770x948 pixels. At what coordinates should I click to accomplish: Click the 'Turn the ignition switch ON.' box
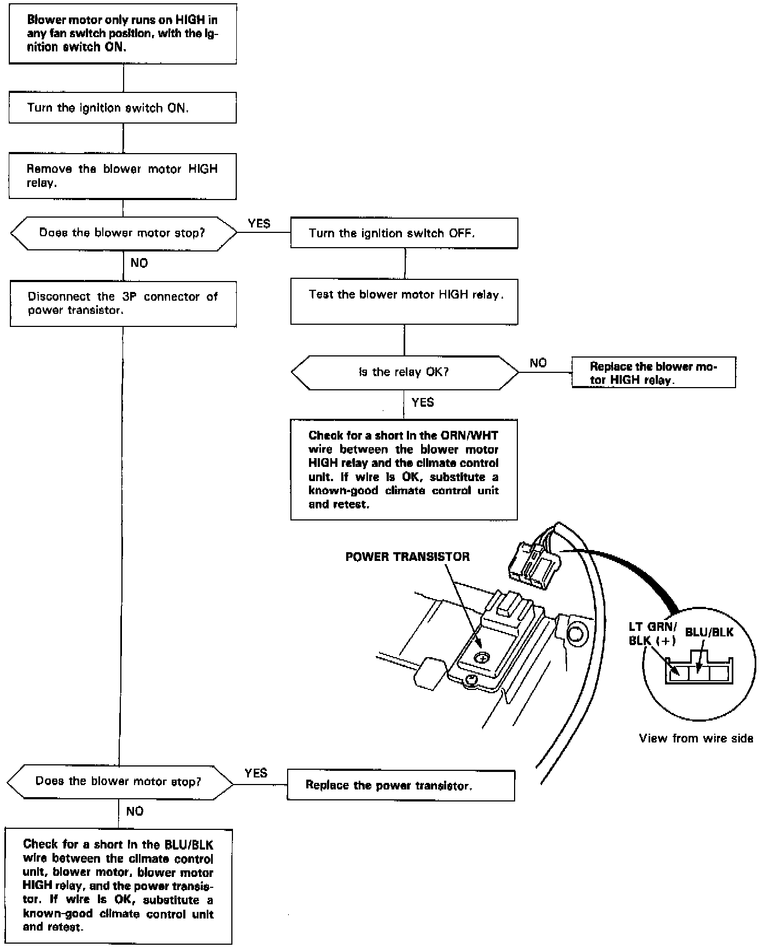point(122,108)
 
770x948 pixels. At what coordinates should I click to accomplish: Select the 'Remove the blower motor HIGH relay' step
point(122,176)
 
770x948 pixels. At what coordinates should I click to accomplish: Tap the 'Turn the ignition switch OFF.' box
point(404,233)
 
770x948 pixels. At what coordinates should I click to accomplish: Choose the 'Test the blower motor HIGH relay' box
point(404,301)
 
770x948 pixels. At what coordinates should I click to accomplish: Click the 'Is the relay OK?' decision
point(404,372)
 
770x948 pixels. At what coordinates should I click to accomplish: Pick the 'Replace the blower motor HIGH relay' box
point(654,373)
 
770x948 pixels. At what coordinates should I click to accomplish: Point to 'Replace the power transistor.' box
point(400,786)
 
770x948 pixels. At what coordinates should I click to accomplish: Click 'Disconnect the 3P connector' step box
point(123,303)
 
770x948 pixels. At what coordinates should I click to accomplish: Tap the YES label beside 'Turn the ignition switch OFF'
point(259,224)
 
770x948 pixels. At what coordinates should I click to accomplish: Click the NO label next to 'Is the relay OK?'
point(538,363)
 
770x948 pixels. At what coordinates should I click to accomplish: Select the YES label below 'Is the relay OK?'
point(423,402)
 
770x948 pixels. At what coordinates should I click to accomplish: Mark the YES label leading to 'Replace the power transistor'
point(256,773)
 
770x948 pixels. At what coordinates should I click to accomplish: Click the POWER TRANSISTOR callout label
point(407,557)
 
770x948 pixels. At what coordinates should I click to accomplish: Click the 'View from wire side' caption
point(696,739)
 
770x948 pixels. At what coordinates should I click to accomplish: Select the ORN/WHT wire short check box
point(404,470)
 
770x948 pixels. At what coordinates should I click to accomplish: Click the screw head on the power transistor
point(481,658)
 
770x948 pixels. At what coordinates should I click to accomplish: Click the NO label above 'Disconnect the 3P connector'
point(139,264)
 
